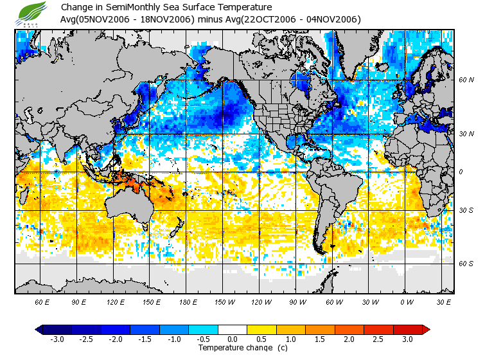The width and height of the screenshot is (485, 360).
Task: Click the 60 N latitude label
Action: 466,80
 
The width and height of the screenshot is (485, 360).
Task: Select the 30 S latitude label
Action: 466,211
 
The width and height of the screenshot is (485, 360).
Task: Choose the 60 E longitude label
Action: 42,301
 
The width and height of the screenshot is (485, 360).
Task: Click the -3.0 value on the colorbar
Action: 57,339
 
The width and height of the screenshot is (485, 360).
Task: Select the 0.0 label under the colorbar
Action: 233,339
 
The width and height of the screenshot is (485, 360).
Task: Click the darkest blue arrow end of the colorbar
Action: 39,330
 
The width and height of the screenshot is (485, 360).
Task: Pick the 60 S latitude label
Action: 466,264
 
